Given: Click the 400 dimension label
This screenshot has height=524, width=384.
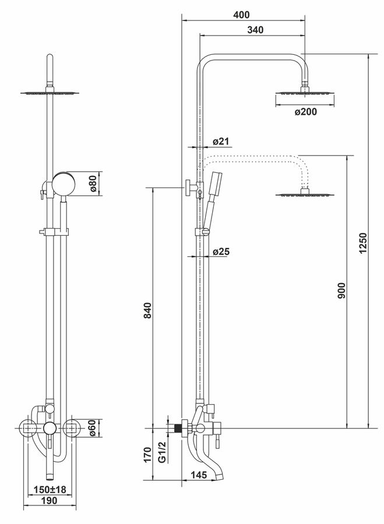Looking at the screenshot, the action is point(241,15).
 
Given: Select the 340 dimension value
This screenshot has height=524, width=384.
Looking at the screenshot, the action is point(255,30).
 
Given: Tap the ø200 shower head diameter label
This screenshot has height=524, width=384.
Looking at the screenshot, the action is point(305,112).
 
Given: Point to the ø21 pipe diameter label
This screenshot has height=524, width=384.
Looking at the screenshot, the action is point(221,141).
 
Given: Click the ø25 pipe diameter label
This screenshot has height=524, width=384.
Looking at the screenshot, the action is point(221,252).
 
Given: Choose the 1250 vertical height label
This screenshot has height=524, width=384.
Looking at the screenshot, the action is point(363,243).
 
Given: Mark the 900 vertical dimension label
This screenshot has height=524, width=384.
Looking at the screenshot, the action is point(341,291).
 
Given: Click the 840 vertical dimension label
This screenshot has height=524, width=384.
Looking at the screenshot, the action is point(148,310).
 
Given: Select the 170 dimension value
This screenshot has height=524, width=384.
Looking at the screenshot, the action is point(148,455).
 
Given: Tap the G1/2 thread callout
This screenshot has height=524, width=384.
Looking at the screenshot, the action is point(162,452).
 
